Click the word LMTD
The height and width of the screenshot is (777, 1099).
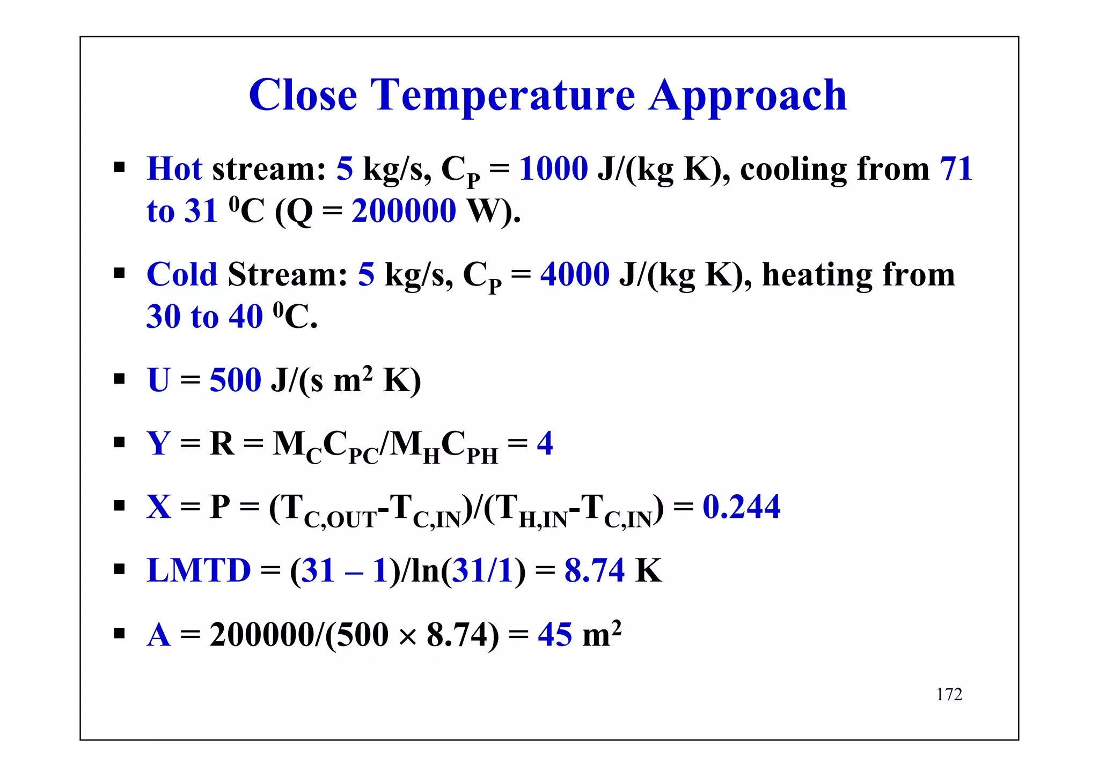pyautogui.click(x=199, y=570)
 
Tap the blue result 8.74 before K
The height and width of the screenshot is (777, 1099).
pyautogui.click(x=594, y=570)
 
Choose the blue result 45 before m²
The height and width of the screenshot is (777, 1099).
pyautogui.click(x=555, y=634)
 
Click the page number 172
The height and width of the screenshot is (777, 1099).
pyautogui.click(x=949, y=694)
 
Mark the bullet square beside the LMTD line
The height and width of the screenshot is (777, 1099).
pyautogui.click(x=119, y=569)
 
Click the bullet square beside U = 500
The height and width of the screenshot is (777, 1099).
pyautogui.click(x=119, y=379)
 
